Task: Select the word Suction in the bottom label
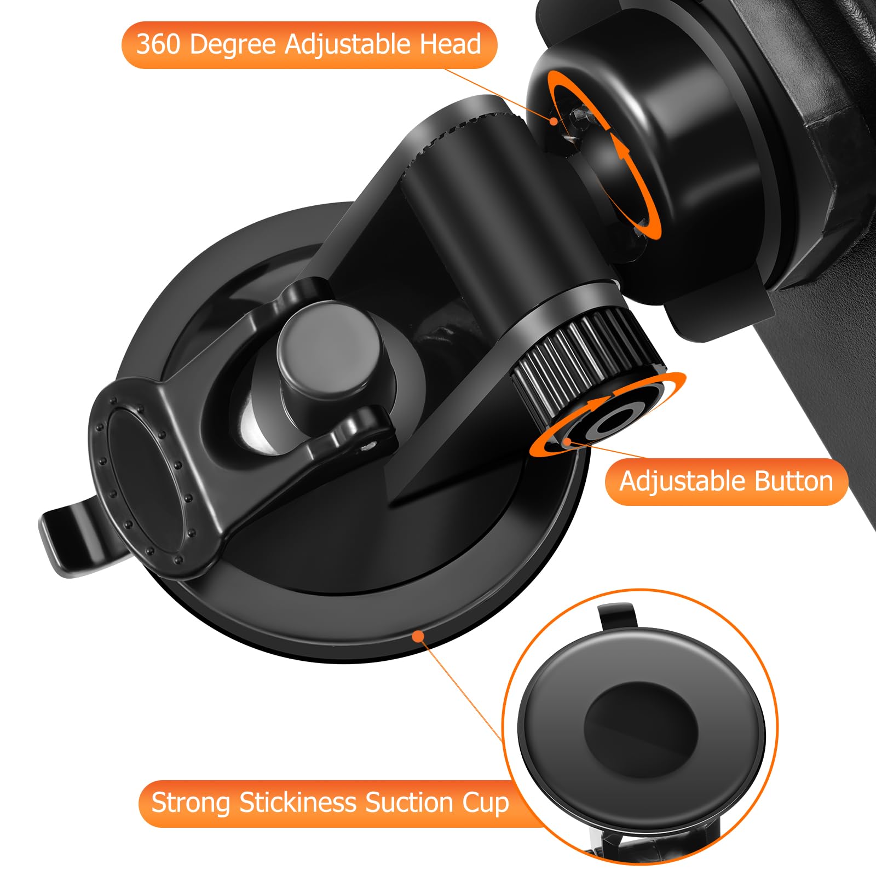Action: coord(410,803)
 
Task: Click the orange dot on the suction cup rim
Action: coord(418,636)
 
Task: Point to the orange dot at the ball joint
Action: coord(554,120)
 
